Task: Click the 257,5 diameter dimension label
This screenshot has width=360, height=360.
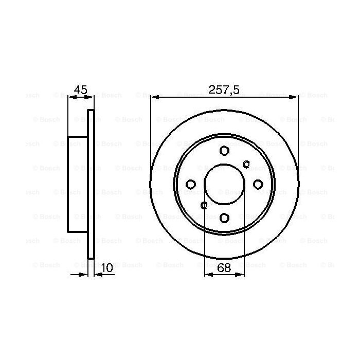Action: pyautogui.click(x=224, y=89)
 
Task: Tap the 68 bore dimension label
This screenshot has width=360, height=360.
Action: pyautogui.click(x=224, y=267)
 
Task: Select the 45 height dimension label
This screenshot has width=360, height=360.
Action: pyautogui.click(x=80, y=89)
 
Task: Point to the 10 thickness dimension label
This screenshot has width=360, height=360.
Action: pyautogui.click(x=107, y=267)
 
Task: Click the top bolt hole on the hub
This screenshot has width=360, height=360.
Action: pyautogui.click(x=224, y=151)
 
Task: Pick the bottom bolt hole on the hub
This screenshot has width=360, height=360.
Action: pyautogui.click(x=224, y=218)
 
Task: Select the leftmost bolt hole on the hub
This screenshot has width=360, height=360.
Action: pyautogui.click(x=190, y=185)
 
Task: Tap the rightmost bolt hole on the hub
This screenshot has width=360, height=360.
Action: pyautogui.click(x=258, y=185)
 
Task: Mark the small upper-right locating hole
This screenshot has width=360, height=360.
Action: pyautogui.click(x=246, y=165)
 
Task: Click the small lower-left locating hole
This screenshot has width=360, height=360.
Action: pyautogui.click(x=204, y=205)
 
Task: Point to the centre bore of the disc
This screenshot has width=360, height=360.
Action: pyautogui.click(x=224, y=185)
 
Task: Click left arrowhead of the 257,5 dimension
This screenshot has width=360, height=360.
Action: pyautogui.click(x=154, y=97)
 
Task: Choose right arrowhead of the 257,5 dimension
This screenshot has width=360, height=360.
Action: pyautogui.click(x=294, y=97)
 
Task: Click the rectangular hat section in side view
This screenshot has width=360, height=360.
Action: pyautogui.click(x=78, y=184)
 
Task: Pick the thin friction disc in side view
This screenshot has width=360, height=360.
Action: pyautogui.click(x=91, y=184)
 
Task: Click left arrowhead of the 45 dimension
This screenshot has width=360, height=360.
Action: pyautogui.click(x=71, y=97)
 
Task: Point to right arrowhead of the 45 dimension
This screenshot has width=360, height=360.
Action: pyautogui.click(x=91, y=97)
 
